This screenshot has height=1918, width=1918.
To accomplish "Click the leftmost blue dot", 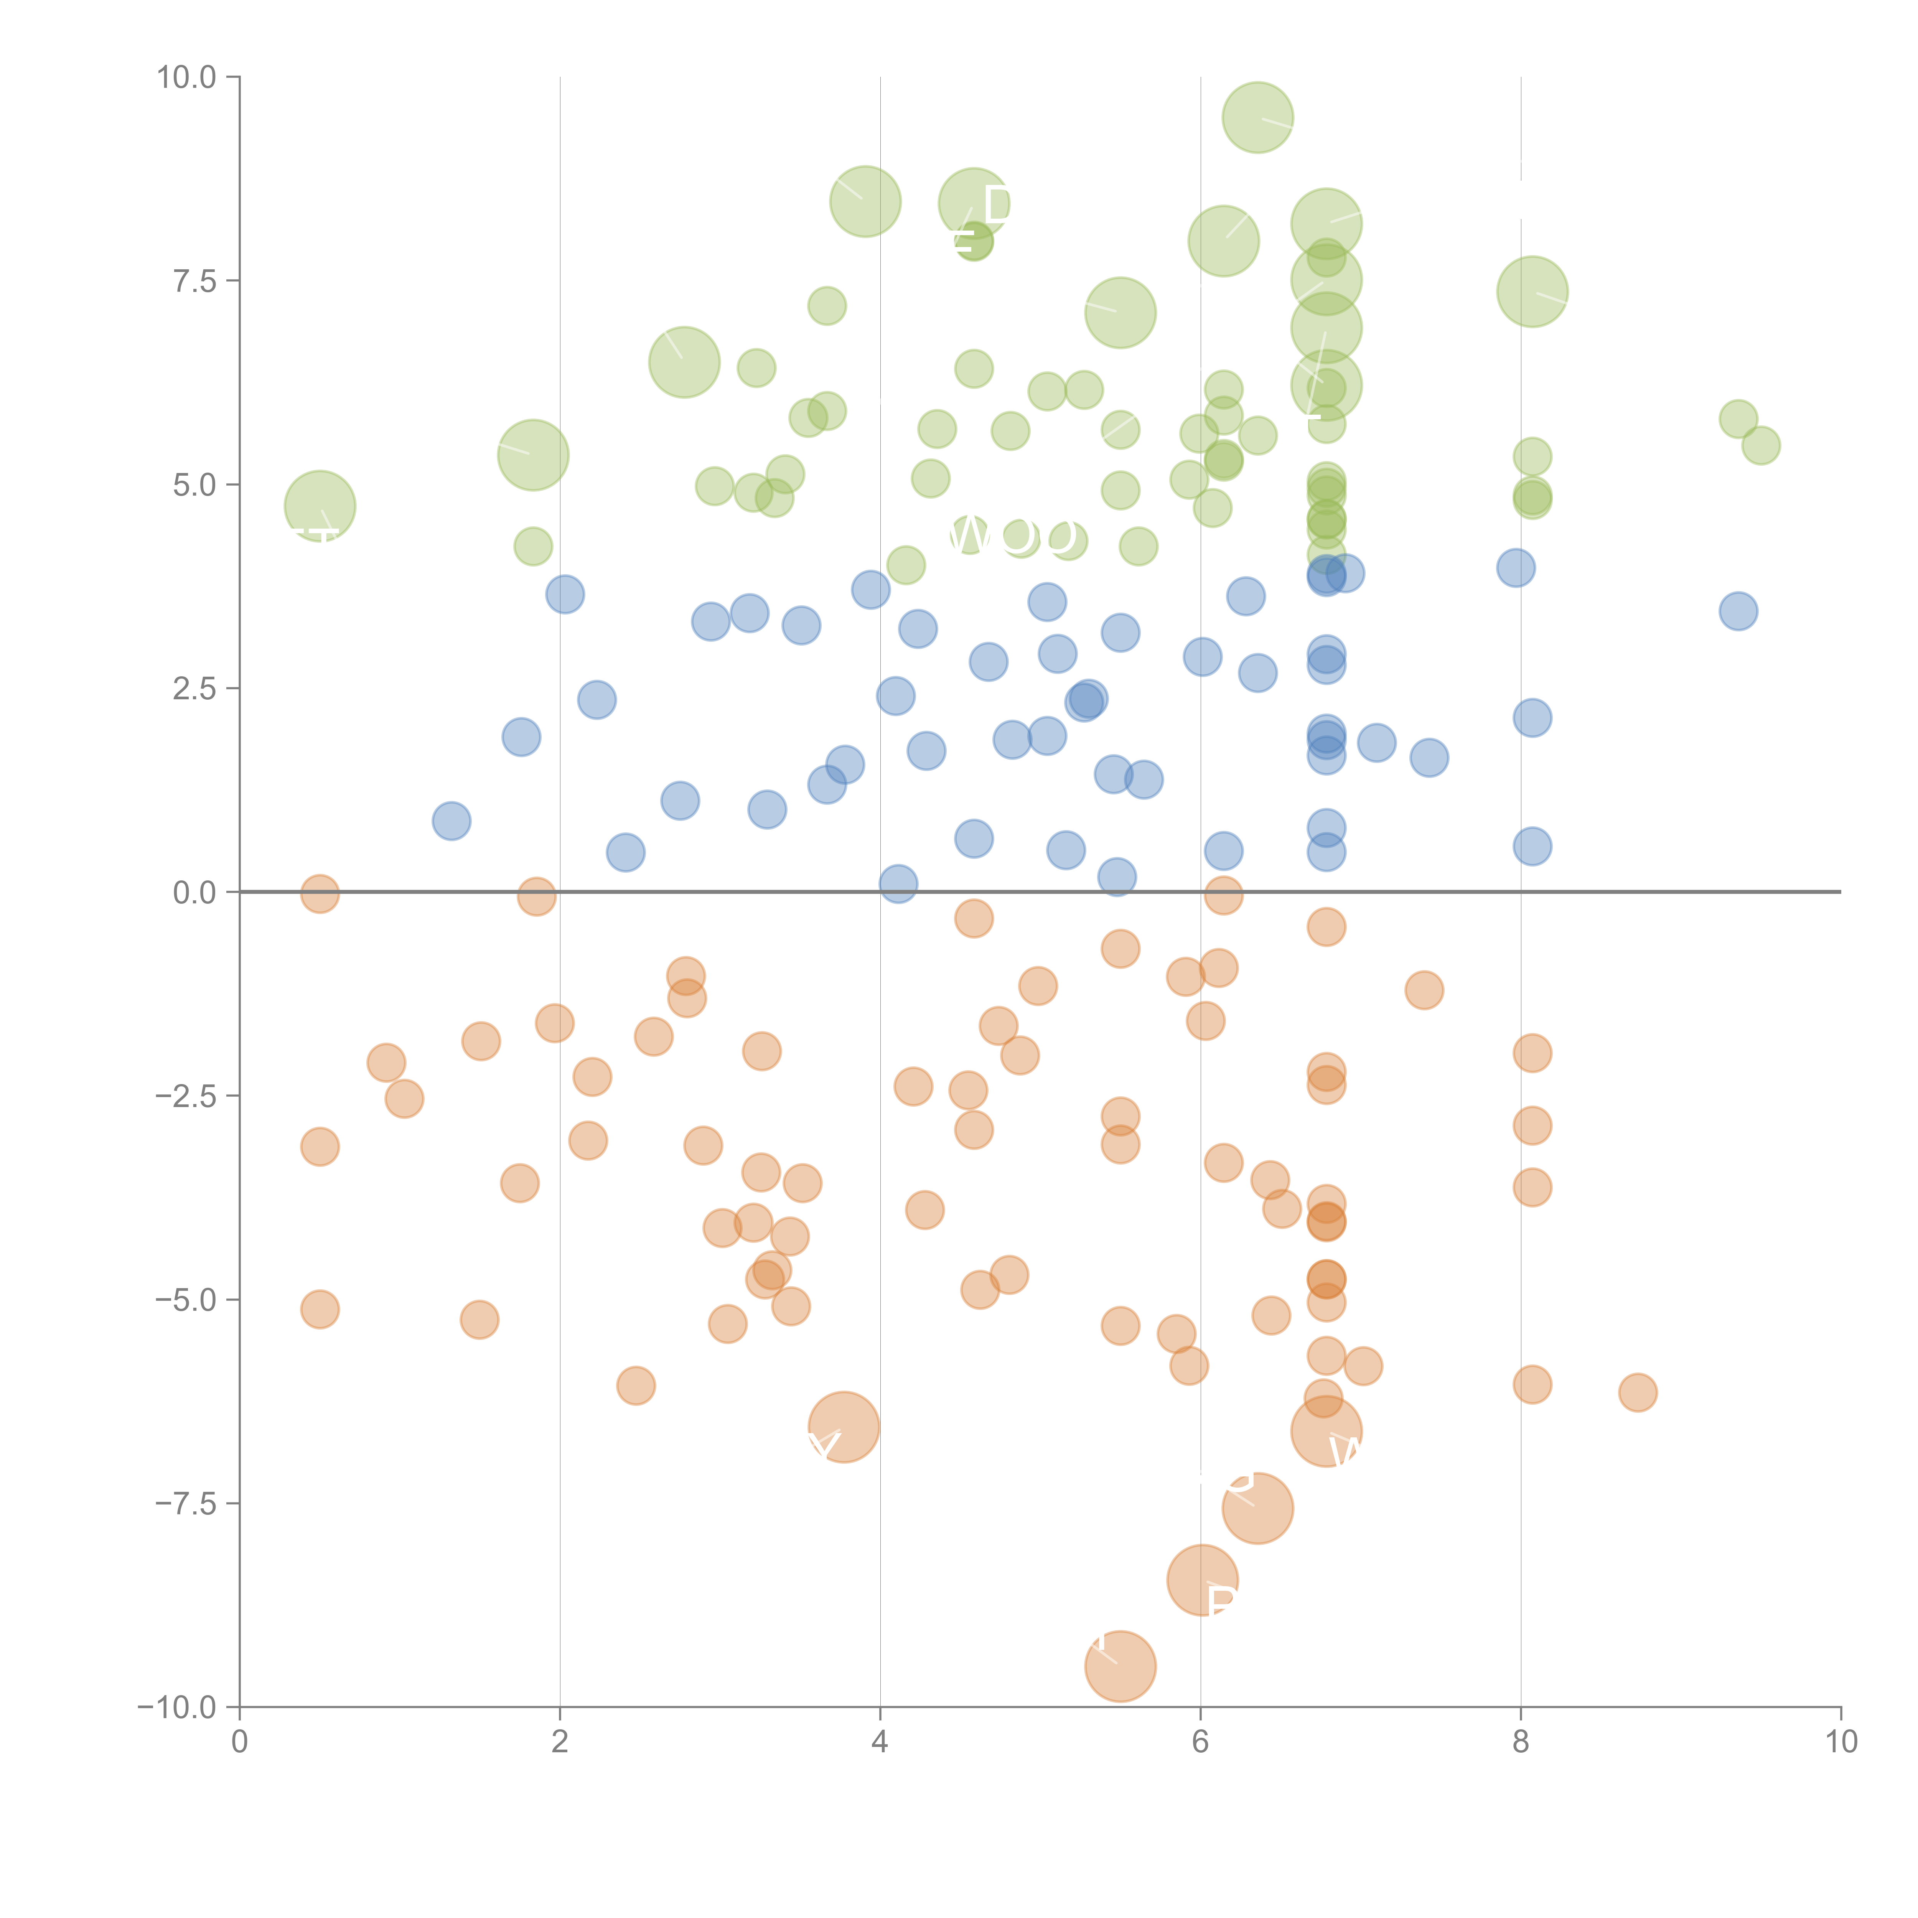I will point(452,821).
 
